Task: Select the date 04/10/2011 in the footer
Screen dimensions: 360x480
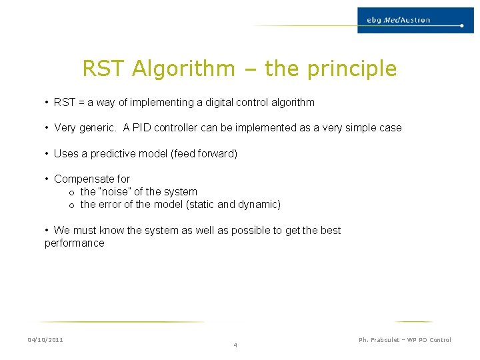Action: pos(45,340)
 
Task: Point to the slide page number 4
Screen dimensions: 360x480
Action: pos(235,345)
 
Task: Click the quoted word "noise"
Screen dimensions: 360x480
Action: pos(113,192)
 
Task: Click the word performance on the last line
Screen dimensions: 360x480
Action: pos(75,243)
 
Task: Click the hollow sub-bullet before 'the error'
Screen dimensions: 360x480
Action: pos(71,205)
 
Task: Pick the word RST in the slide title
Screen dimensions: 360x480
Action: pos(105,69)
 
